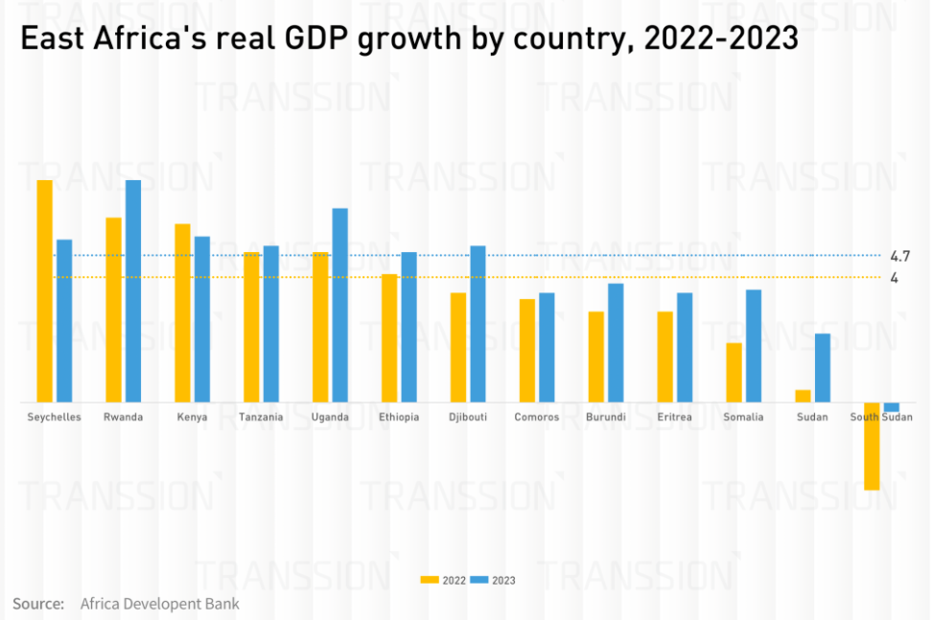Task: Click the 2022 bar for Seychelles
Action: tap(44, 290)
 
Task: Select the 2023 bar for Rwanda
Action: tap(133, 290)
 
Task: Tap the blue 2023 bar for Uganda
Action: tap(340, 305)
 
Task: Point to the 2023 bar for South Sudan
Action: tap(892, 407)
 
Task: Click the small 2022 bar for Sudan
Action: tap(803, 396)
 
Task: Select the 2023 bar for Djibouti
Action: tap(478, 324)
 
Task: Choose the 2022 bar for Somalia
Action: tap(734, 372)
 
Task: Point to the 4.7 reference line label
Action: tap(899, 256)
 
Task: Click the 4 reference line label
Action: tap(894, 278)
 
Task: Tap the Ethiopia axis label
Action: tap(399, 417)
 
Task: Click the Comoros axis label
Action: tap(536, 417)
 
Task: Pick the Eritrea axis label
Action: tap(674, 417)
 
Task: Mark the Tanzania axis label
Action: tap(261, 417)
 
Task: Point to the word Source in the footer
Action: tap(37, 604)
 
